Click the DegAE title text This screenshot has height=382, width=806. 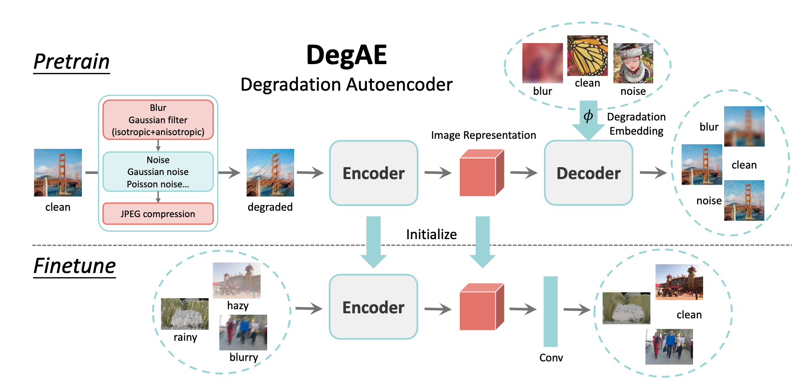(x=346, y=55)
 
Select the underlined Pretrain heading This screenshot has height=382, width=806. (x=72, y=62)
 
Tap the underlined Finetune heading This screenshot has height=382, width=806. (x=75, y=266)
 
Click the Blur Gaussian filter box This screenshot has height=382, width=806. (x=158, y=120)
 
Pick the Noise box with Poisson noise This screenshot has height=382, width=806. (x=158, y=172)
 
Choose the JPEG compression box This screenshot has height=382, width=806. (x=158, y=214)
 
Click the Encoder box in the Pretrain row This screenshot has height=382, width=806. (x=374, y=173)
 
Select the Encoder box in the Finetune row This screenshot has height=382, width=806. (x=374, y=307)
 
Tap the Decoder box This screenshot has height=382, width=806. (x=589, y=173)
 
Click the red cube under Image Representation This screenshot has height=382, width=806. (x=482, y=173)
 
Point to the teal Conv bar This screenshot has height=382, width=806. (x=551, y=311)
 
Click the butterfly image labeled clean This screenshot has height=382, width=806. (x=587, y=56)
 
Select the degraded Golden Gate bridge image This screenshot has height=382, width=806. (x=270, y=173)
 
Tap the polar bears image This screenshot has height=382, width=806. (x=626, y=308)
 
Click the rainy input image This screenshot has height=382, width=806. (x=185, y=314)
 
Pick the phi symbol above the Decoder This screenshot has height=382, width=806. (x=588, y=116)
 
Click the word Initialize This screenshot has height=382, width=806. (x=431, y=235)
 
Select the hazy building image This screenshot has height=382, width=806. (x=236, y=280)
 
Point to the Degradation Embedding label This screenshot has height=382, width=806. (x=636, y=124)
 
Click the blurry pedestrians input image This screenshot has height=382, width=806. (x=243, y=333)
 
